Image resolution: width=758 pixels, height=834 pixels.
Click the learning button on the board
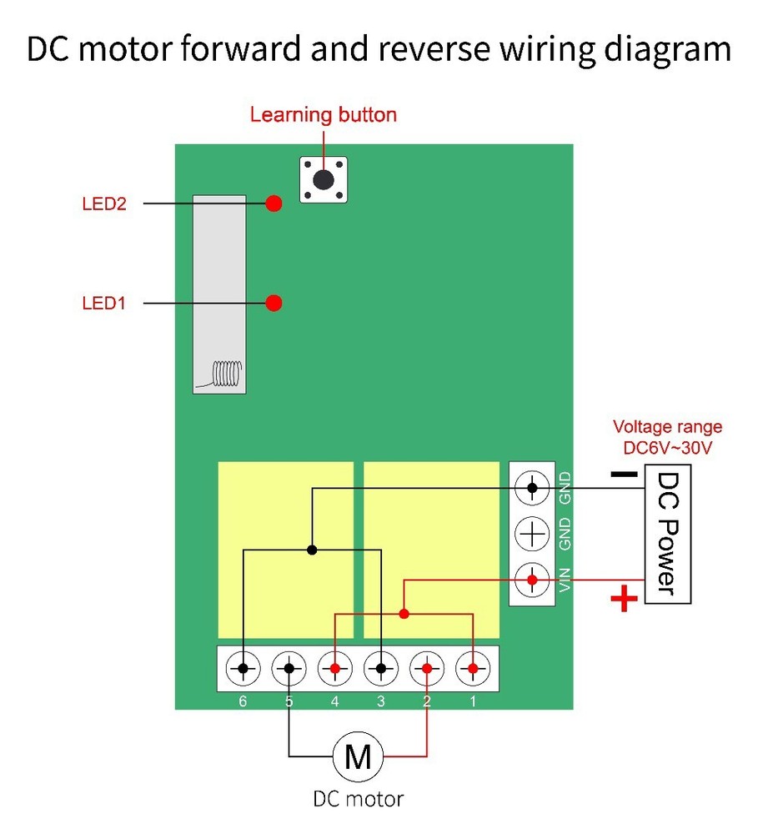coord(323,178)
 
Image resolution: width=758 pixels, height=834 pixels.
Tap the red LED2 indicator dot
coord(274,203)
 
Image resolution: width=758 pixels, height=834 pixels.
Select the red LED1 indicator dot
coord(274,303)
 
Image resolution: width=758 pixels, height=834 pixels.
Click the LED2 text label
coord(104,203)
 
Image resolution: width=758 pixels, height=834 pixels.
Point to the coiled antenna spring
coord(226,373)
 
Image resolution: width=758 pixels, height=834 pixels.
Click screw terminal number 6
coord(243,669)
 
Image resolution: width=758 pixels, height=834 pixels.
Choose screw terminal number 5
coord(289,669)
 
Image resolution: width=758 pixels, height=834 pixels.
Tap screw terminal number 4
coord(334,669)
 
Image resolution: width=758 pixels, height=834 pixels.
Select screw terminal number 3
coord(380,669)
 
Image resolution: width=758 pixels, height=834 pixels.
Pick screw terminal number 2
coord(427,669)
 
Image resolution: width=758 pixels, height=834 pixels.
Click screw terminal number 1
coord(473,669)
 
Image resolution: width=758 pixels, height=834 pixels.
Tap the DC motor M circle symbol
coord(359,757)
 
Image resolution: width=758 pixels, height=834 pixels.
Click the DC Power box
coord(669,535)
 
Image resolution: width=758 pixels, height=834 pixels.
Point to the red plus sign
coord(624,599)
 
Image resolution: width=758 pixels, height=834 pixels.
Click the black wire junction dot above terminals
coord(312,550)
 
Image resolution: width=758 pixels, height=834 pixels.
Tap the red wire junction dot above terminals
coord(404,614)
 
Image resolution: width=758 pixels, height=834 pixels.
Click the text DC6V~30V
coord(667,448)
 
